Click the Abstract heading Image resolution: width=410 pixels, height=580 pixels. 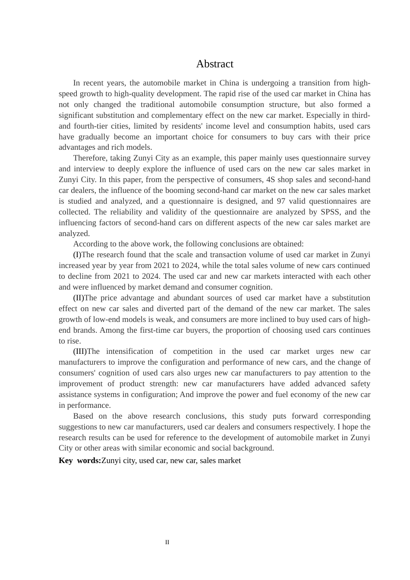point(214,64)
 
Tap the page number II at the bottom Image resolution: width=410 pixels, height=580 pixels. point(167,542)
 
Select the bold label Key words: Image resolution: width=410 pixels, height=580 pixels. point(80,460)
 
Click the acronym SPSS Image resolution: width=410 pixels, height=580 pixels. point(330,212)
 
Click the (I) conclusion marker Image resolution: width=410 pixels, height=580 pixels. point(77,255)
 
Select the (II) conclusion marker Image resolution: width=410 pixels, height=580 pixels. point(79,298)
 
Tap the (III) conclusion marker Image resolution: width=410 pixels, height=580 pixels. point(80,351)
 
